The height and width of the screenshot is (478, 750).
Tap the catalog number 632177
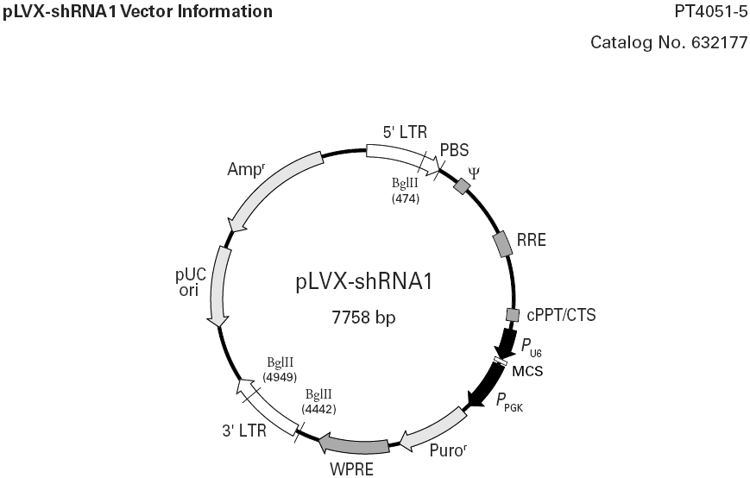pos(669,42)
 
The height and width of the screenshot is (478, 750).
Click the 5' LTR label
pos(405,132)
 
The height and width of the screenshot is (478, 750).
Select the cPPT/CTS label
pos(561,315)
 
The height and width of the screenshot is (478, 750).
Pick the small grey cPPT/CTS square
pos(512,316)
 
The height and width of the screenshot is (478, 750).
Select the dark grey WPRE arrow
pos(354,445)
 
